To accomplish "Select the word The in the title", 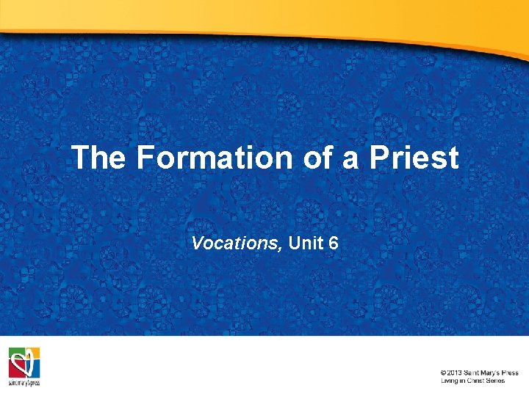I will pyautogui.click(x=98, y=158).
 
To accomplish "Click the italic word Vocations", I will pyautogui.click(x=236, y=243).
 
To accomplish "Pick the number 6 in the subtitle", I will pyautogui.click(x=334, y=243).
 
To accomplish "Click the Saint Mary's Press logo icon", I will pyautogui.click(x=24, y=362).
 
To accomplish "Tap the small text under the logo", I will pyautogui.click(x=24, y=383).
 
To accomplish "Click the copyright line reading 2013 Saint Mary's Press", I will pyautogui.click(x=480, y=373).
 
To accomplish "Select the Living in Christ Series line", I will pyautogui.click(x=472, y=381).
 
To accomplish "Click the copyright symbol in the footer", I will pyautogui.click(x=444, y=373).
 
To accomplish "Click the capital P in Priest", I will pyautogui.click(x=377, y=158).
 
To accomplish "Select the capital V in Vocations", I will pyautogui.click(x=197, y=243).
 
